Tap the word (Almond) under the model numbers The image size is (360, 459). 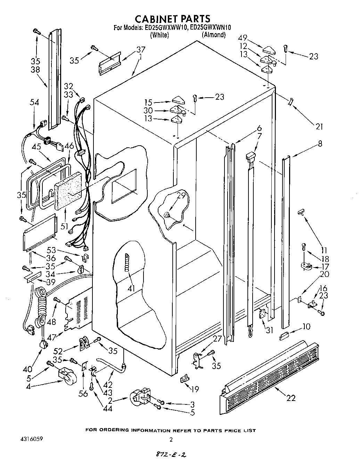click(x=214, y=35)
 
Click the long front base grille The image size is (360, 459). click(x=269, y=374)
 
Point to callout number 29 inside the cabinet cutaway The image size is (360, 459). click(x=181, y=196)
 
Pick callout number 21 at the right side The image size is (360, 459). click(x=319, y=127)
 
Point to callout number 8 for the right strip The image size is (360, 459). click(x=319, y=143)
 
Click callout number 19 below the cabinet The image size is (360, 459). click(x=195, y=389)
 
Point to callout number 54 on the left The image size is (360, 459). click(x=34, y=103)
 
